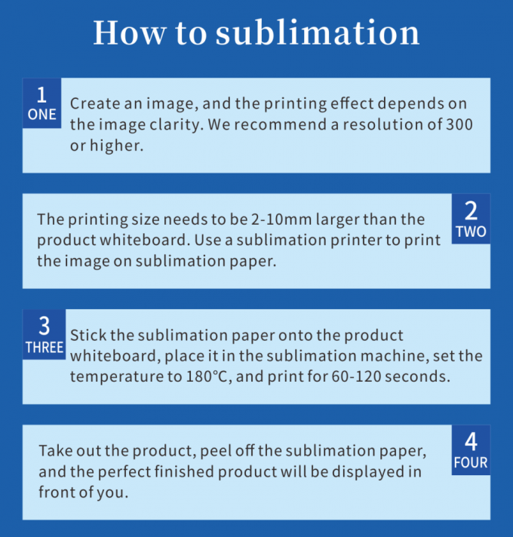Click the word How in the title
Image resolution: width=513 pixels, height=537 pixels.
point(130,33)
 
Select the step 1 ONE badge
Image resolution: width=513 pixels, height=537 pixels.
point(41,103)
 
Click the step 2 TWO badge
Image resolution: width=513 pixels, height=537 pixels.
point(471,219)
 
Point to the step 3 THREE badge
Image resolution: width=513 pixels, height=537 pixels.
point(45,335)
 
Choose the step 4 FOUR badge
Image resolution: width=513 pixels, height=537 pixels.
point(471,450)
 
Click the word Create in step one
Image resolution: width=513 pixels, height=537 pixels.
point(95,103)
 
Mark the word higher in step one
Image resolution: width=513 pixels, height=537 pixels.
point(116,146)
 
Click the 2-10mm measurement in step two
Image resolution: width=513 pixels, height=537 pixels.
point(281,219)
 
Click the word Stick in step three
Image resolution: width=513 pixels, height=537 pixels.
point(88,335)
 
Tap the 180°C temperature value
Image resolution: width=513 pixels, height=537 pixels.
point(207,376)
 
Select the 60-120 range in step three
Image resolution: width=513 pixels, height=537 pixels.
point(356,376)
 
